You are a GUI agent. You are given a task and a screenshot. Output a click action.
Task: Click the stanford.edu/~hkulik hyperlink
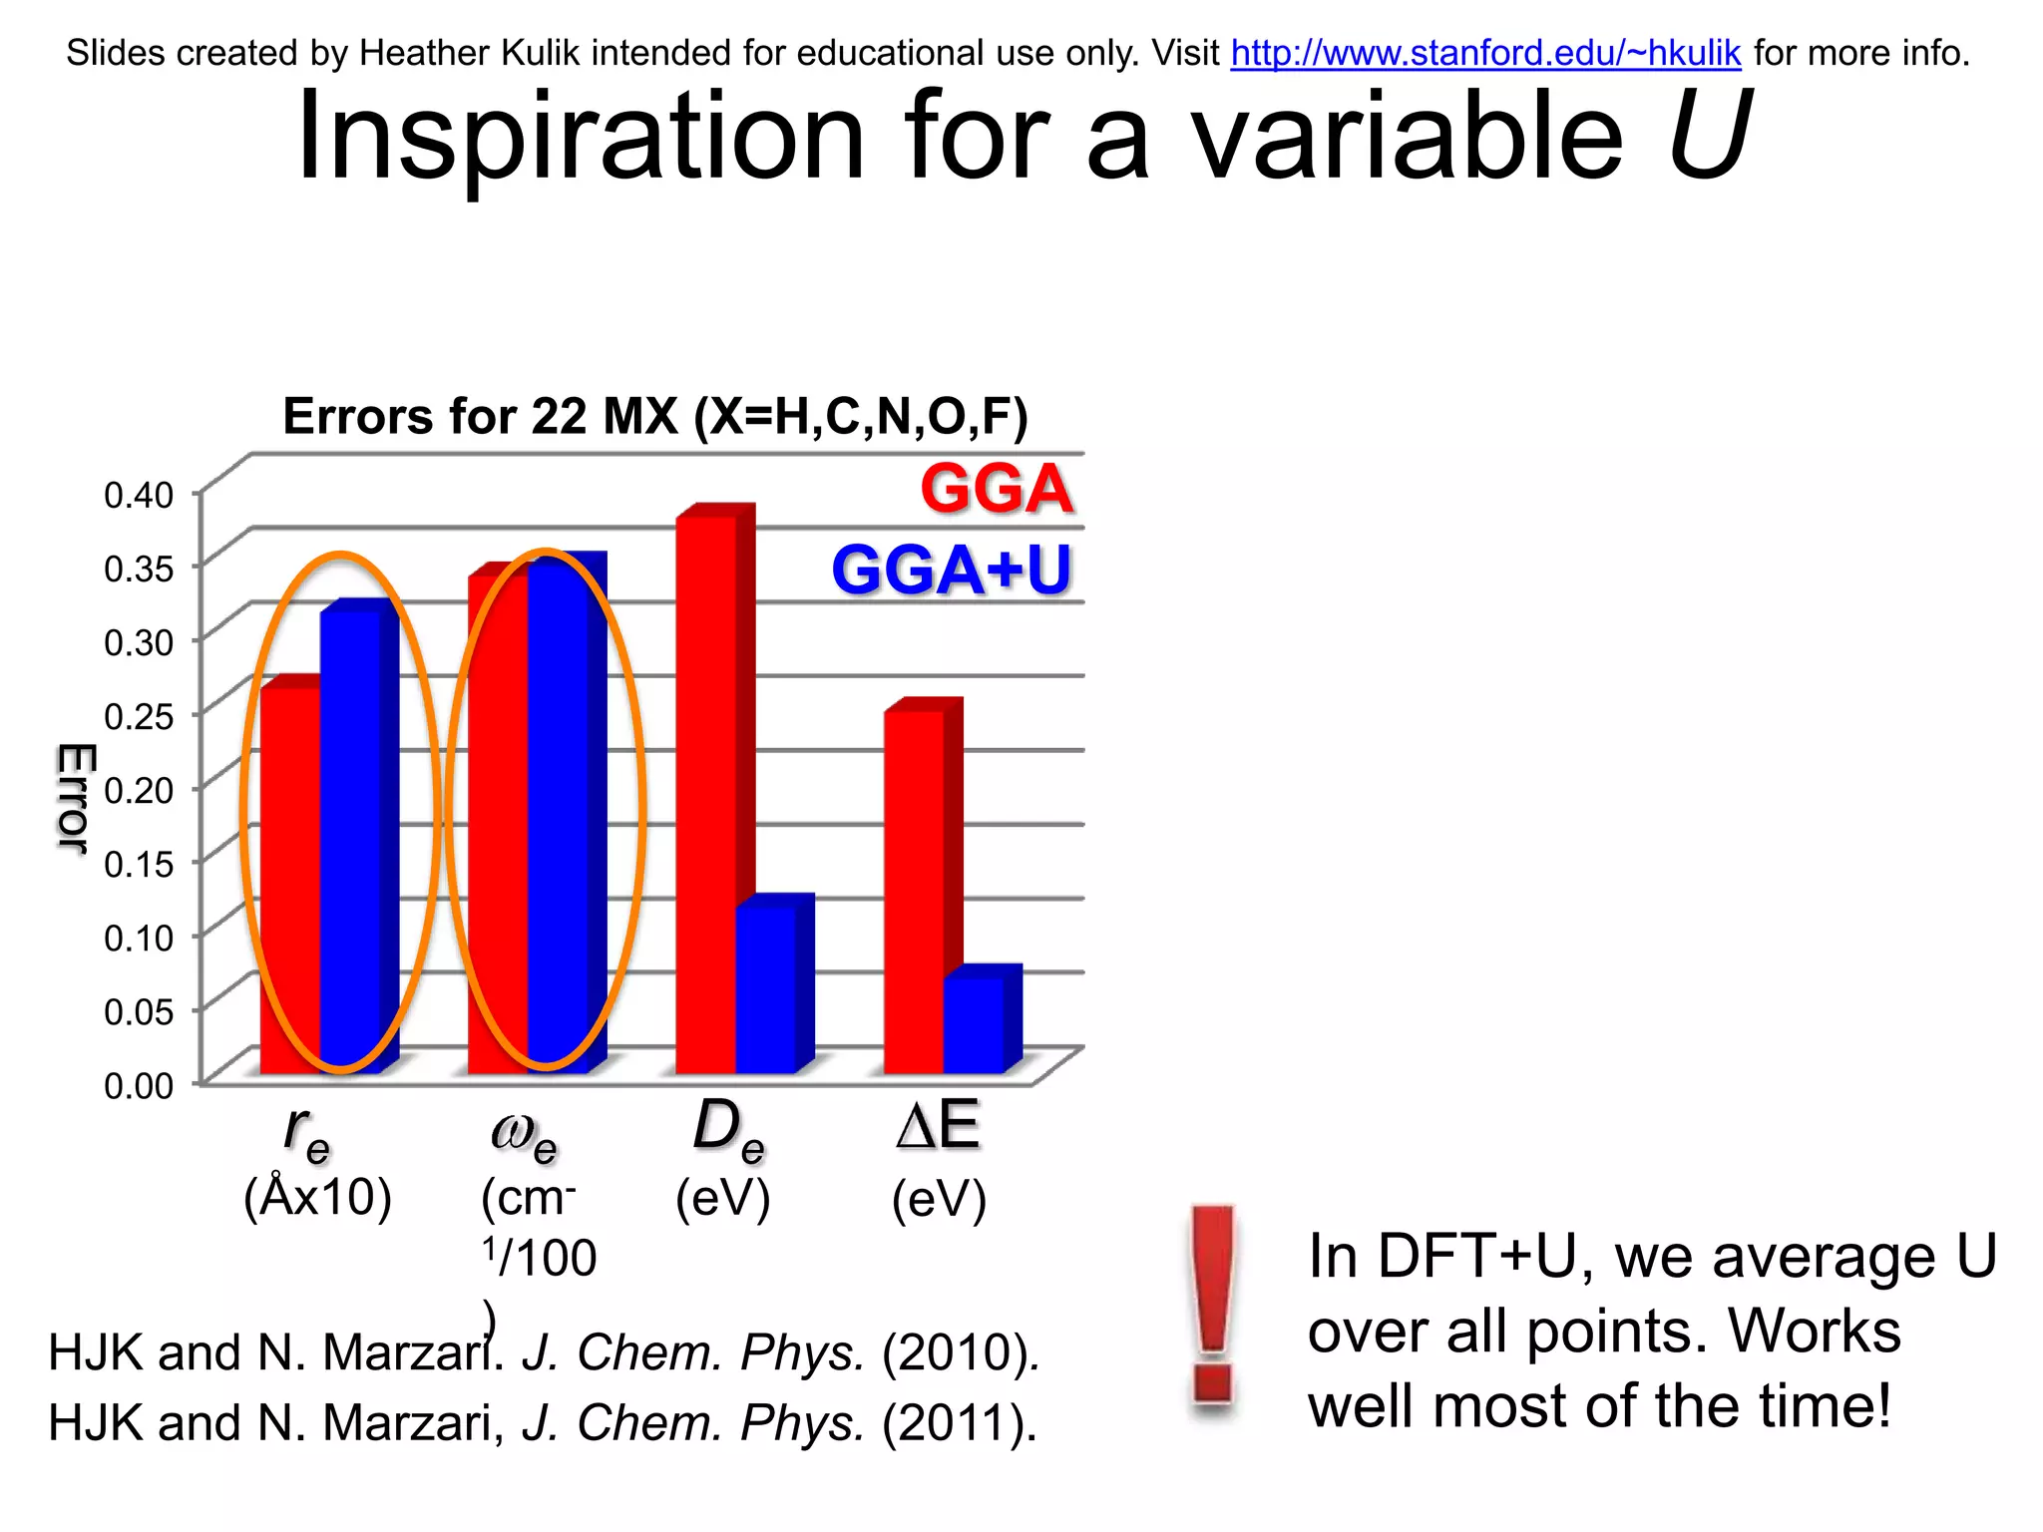tap(1485, 53)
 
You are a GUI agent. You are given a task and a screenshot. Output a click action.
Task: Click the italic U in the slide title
tap(1707, 137)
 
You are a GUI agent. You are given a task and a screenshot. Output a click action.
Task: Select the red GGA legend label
tap(996, 489)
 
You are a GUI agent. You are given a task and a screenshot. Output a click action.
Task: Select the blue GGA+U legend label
tap(951, 571)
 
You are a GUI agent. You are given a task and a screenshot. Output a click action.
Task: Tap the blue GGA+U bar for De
tap(766, 987)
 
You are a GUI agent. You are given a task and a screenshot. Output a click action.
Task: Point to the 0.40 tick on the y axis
tap(139, 495)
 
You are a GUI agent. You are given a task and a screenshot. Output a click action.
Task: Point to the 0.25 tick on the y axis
tap(139, 716)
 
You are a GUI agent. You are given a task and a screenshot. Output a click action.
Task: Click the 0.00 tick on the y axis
tap(139, 1085)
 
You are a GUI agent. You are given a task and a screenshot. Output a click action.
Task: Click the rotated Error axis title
tap(74, 798)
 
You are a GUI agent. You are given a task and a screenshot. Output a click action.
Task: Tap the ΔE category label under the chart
tap(938, 1126)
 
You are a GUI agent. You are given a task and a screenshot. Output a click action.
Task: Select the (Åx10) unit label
tap(317, 1197)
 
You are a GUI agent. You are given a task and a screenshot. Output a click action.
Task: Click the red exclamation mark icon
tap(1213, 1307)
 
